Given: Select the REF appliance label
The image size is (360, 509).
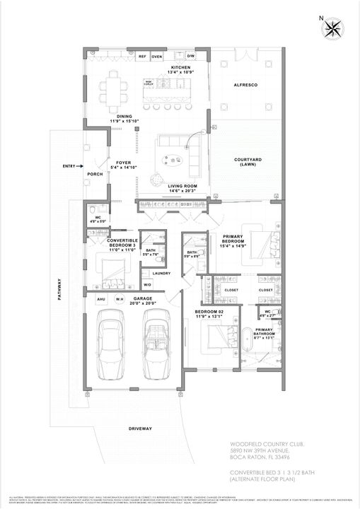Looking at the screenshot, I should [x=142, y=56].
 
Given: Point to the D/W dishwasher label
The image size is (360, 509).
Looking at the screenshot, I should [x=190, y=56].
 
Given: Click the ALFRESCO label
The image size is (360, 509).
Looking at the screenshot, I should [x=245, y=85].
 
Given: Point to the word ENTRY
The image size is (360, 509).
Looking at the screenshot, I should [x=69, y=166].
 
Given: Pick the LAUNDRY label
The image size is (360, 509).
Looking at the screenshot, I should [x=162, y=272].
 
